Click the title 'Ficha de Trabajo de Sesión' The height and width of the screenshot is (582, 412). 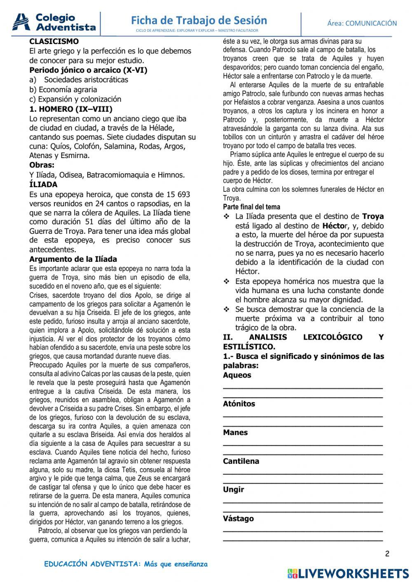pos(199,20)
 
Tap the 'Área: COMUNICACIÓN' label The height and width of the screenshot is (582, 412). pos(362,23)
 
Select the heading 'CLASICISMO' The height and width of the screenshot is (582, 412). pos(54,42)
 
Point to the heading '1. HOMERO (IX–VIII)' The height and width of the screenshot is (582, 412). pos(71,109)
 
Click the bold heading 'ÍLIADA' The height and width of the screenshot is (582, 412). pos(43,184)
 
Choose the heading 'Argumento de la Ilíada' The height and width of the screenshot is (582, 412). pos(73,259)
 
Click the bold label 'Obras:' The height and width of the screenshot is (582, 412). pos(42,165)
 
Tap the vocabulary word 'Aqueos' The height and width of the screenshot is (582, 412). pos(237,375)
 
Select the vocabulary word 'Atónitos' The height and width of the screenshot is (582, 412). pos(239,404)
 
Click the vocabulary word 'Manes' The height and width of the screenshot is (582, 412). pos(235,433)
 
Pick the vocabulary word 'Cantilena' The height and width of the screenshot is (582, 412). pos(241,461)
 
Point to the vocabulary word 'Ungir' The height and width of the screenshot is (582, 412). pos(233,490)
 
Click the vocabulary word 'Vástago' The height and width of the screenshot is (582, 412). pos(238,519)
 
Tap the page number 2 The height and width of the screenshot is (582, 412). pos(387,554)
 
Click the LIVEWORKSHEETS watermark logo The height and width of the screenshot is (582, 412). pos(348,573)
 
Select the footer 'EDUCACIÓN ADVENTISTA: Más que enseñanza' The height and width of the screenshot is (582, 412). pos(126,564)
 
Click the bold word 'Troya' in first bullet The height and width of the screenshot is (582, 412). pos(373,216)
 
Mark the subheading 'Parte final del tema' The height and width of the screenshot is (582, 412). pos(251,207)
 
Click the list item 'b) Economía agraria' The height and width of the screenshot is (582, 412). pos(63,89)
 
